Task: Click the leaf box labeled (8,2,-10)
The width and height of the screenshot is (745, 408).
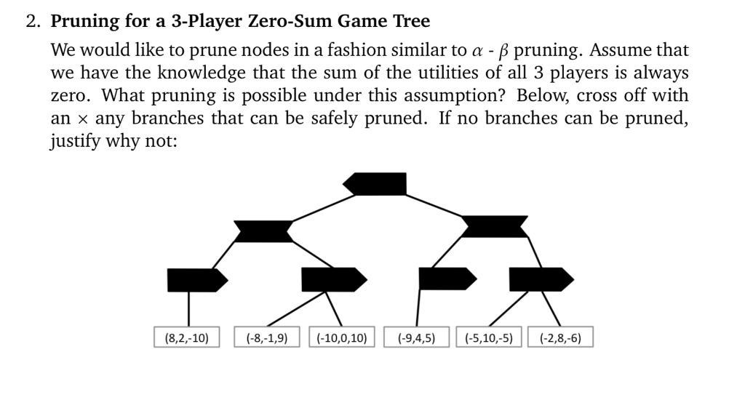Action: coord(187,337)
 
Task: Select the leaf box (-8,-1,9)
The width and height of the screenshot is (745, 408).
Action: coord(266,337)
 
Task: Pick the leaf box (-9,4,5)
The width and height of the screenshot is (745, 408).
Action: coord(416,337)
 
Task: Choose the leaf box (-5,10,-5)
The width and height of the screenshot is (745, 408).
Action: coord(490,337)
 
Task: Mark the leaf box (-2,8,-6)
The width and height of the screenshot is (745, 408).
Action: coord(560,337)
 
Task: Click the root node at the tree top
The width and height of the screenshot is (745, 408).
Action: coord(375,184)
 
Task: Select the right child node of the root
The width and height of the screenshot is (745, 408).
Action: coord(495,226)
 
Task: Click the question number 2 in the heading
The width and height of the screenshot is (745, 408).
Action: coord(31,21)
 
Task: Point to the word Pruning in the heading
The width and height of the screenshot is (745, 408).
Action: coord(84,21)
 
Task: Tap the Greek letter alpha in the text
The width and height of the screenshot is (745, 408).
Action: coord(544,52)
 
